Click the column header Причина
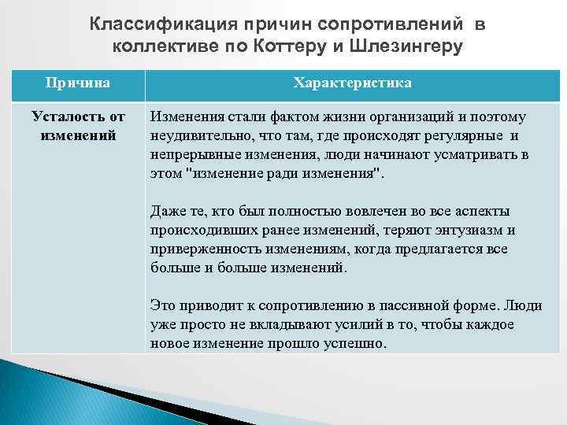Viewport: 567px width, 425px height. pos(77,82)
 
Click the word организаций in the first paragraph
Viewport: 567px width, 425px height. pos(398,117)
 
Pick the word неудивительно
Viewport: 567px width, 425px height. pos(192,135)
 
